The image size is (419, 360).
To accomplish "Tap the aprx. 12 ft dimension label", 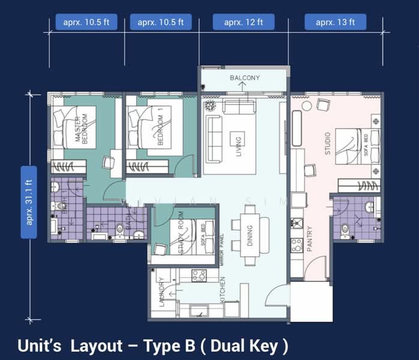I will pos(244,23).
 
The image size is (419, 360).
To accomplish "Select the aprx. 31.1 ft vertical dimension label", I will pos(29,202).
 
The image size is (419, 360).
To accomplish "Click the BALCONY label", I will pos(244,78).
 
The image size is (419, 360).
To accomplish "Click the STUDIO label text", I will pos(328,144).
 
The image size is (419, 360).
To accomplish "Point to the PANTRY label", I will pos(310,239).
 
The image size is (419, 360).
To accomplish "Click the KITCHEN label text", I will pos(222,289).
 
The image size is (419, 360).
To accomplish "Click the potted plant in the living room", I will pos(211,106).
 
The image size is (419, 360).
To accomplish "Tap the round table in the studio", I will pos(307,106).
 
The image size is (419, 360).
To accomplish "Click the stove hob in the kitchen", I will pos(199,275).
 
